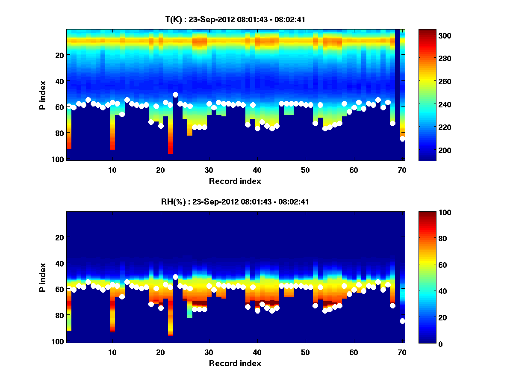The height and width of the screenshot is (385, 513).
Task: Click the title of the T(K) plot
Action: coord(235,20)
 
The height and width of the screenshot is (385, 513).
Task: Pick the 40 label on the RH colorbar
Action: coord(427,291)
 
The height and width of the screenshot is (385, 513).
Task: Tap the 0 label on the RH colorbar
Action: coord(425,344)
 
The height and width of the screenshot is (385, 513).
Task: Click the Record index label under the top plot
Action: coord(235,181)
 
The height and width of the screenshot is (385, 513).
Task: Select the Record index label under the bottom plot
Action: coord(235,363)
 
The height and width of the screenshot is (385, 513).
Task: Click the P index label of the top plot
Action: coord(43,95)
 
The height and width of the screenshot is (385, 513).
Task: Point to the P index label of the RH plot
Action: coord(43,277)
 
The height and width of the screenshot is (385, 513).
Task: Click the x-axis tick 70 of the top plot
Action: coord(402,169)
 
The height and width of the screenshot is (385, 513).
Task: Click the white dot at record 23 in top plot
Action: coord(175,95)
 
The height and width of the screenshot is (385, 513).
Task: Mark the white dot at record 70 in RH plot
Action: coord(402,321)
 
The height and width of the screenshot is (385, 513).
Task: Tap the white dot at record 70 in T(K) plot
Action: coord(402,139)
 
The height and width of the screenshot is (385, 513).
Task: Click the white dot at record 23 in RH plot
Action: coord(175,277)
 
